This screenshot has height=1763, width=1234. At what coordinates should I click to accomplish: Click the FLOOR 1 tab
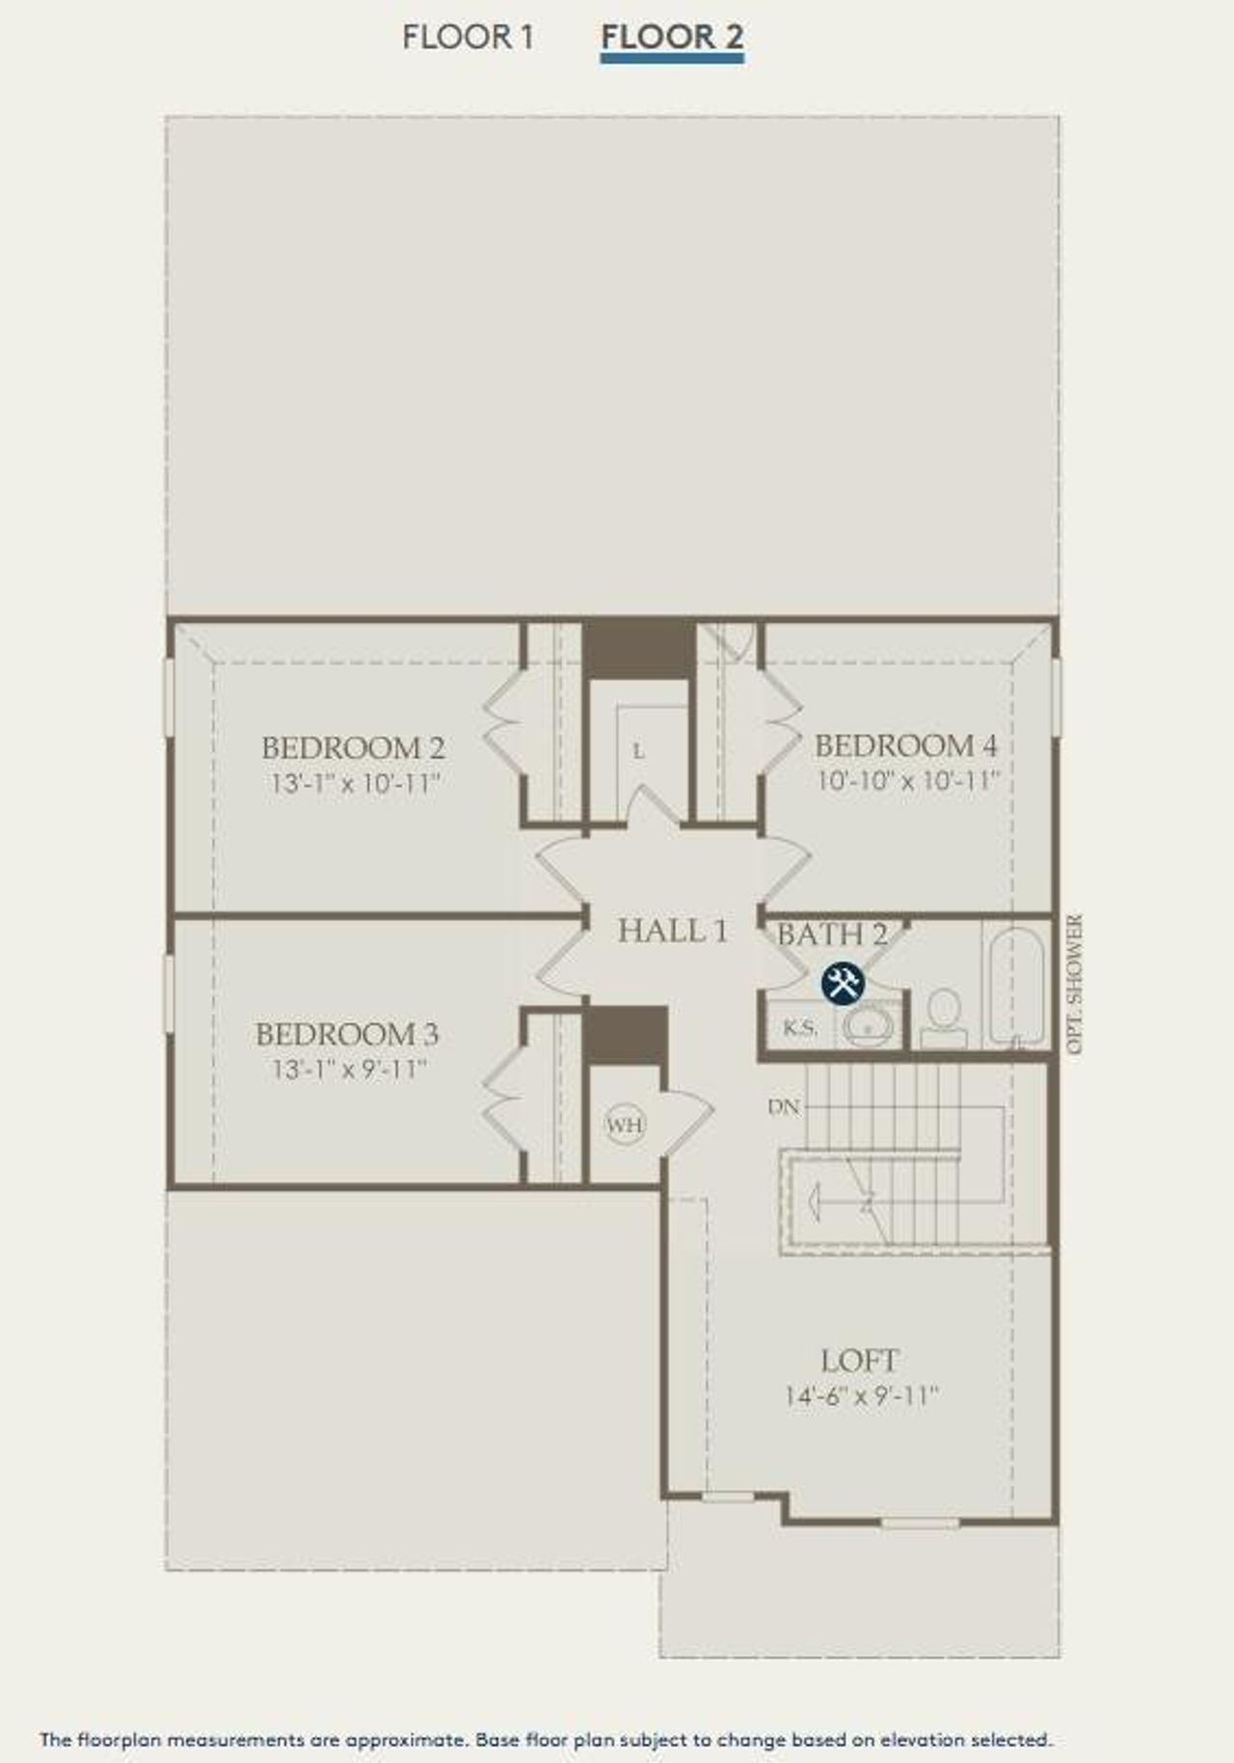pyautogui.click(x=468, y=38)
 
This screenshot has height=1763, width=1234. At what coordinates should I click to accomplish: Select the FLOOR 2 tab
pyautogui.click(x=672, y=38)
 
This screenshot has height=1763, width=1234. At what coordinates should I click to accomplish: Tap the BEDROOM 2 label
pyautogui.click(x=353, y=747)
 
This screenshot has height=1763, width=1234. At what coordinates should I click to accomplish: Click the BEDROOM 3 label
pyautogui.click(x=347, y=1035)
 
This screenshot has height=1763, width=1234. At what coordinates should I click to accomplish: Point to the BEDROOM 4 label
pyautogui.click(x=906, y=746)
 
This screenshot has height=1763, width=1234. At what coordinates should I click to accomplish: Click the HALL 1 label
pyautogui.click(x=673, y=931)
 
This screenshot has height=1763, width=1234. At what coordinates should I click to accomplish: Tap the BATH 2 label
pyautogui.click(x=832, y=934)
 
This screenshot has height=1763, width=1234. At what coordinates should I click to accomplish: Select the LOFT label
pyautogui.click(x=859, y=1361)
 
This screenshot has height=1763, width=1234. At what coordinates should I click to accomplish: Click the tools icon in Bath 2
pyautogui.click(x=844, y=984)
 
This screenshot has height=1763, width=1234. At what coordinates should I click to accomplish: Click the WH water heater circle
pyautogui.click(x=625, y=1125)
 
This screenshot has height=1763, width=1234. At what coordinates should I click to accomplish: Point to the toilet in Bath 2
pyautogui.click(x=944, y=1015)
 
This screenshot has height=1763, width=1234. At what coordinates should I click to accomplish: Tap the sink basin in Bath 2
pyautogui.click(x=869, y=1027)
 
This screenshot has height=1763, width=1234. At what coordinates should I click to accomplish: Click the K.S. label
pyautogui.click(x=799, y=1028)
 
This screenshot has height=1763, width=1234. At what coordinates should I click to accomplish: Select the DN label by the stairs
pyautogui.click(x=785, y=1106)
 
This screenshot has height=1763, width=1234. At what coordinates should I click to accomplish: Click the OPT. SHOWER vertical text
pyautogui.click(x=1077, y=984)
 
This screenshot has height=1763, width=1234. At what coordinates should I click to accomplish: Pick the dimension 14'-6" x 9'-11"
pyautogui.click(x=861, y=1396)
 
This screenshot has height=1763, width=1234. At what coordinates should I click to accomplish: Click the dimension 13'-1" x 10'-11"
pyautogui.click(x=355, y=782)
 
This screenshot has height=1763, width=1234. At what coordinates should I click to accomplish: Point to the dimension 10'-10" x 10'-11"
pyautogui.click(x=908, y=780)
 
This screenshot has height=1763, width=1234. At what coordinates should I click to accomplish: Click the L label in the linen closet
pyautogui.click(x=638, y=750)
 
